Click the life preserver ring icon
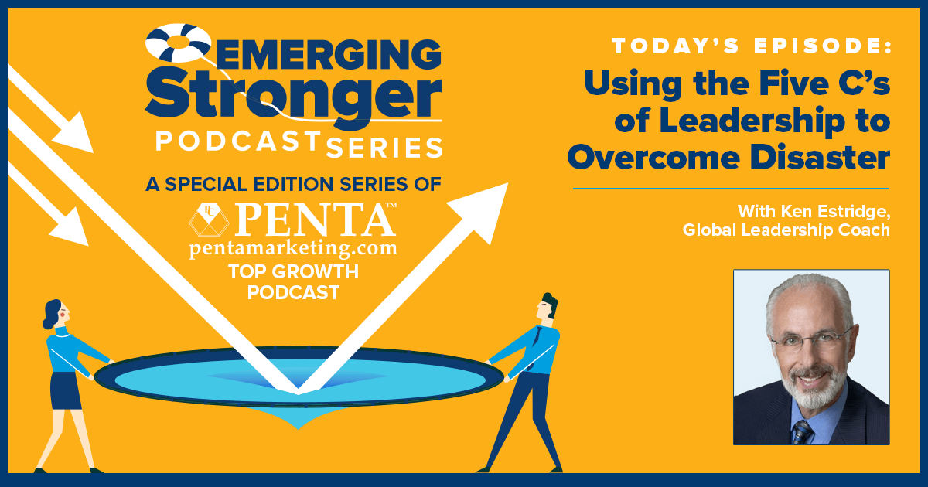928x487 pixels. pos(179,43)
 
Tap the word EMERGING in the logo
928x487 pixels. pos(327,55)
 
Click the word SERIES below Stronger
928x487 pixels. pos(384,148)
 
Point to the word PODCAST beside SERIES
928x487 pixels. pos(239,141)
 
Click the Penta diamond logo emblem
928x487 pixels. pos(210,220)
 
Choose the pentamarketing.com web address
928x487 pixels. pos(293,248)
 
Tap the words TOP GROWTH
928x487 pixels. pos(293,271)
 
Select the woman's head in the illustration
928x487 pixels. pos(56,314)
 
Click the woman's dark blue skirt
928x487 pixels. pos(66,391)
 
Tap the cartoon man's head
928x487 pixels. pos(547,306)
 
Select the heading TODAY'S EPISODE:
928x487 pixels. pos(752,46)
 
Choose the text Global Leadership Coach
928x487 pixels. pos(786,230)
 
